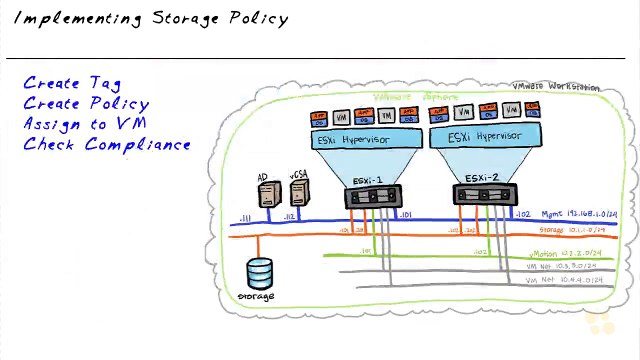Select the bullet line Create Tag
click(73, 83)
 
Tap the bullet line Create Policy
click(86, 104)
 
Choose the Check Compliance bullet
click(107, 145)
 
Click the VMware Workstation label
click(556, 87)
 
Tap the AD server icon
click(265, 196)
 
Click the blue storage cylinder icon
click(260, 273)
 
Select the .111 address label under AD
click(244, 218)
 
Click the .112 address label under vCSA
click(290, 216)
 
